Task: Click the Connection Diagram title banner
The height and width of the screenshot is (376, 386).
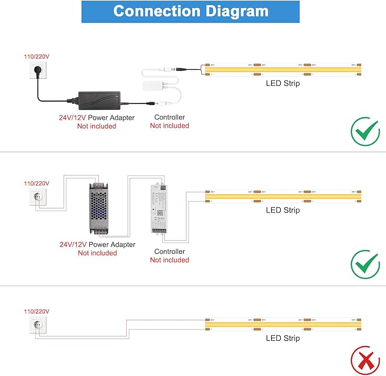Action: coord(191,11)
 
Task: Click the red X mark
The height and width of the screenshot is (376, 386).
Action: coord(365,360)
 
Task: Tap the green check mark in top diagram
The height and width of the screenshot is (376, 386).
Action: coord(365,132)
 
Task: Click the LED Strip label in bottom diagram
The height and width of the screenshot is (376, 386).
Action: coord(283,339)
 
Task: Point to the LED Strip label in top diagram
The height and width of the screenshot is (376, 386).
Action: coord(283,83)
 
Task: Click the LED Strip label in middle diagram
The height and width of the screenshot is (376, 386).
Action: coord(283,210)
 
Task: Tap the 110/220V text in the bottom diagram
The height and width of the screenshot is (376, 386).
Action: coord(36,311)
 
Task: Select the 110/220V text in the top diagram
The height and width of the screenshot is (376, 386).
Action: coord(36,56)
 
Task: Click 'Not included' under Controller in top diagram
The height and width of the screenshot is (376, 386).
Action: coord(169,126)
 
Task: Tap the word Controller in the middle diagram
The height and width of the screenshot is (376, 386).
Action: coord(169,252)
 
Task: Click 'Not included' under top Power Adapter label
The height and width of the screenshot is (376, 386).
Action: coord(97,126)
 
